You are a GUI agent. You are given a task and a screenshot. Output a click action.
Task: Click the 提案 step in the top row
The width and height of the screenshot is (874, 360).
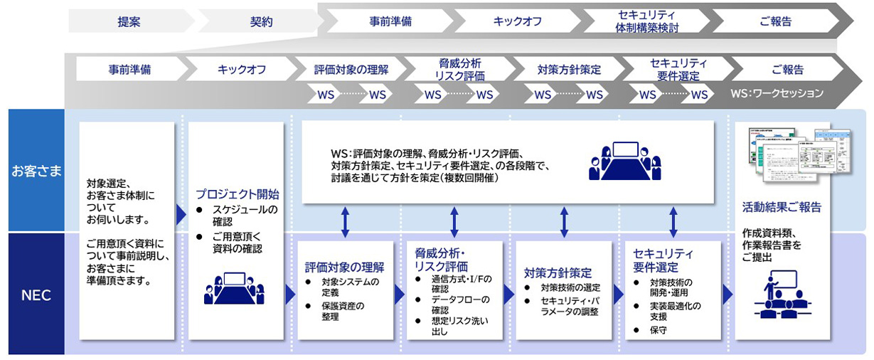(129, 21)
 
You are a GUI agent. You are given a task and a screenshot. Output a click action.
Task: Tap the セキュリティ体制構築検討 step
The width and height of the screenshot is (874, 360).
(646, 21)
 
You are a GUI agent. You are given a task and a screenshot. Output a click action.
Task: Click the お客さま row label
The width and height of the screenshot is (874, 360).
(36, 171)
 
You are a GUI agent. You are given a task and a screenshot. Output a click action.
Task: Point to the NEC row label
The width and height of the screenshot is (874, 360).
(36, 295)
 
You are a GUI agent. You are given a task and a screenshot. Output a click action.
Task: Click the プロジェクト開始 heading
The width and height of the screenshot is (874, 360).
(238, 194)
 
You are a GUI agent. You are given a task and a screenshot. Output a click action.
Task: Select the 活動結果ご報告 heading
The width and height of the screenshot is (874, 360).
(782, 208)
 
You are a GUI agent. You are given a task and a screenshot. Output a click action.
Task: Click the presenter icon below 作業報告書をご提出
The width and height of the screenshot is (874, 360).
(782, 293)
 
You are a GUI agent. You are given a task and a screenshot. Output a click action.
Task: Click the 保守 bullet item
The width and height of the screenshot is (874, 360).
(658, 330)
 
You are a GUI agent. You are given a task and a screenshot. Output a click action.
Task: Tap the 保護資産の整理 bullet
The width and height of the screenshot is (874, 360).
(343, 311)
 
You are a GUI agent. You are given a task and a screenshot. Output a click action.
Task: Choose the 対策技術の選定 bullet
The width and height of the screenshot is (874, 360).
(570, 287)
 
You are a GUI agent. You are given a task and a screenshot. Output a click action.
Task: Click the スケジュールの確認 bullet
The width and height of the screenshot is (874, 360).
(245, 215)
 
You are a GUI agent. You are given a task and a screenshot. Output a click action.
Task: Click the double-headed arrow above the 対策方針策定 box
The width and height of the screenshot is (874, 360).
(564, 222)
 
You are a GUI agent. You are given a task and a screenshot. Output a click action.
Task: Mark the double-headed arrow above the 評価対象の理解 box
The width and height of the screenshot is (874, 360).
(345, 222)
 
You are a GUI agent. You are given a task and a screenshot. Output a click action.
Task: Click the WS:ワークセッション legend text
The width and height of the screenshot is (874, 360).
(777, 94)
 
